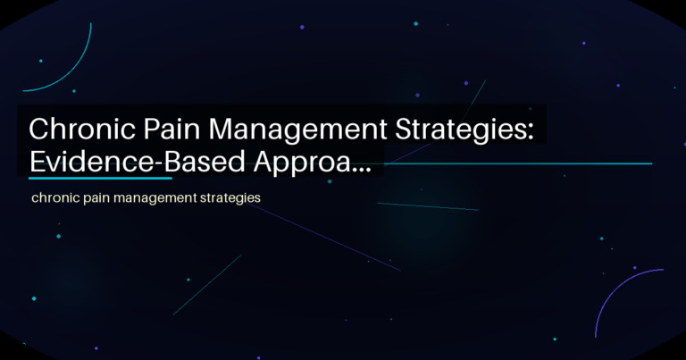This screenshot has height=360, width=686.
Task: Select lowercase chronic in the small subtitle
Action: pos(55,197)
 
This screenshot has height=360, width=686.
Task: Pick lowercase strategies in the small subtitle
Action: pos(230,197)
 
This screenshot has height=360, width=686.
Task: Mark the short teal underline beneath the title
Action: pos(99,178)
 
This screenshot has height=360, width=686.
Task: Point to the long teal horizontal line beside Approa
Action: pos(518,163)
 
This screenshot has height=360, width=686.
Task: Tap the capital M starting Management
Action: pos(227,130)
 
